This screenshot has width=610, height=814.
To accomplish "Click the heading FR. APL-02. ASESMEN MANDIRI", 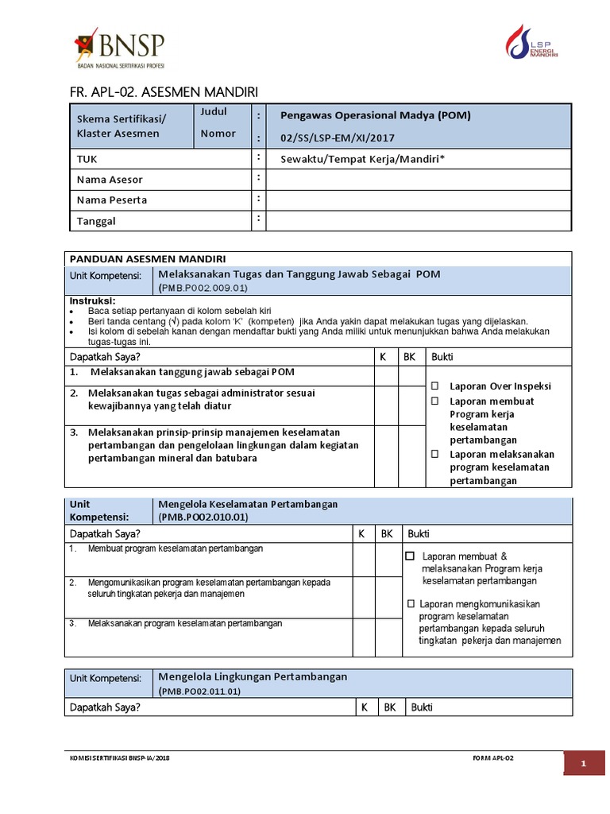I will (x=163, y=92).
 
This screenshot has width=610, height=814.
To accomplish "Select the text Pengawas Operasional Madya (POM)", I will (x=375, y=115).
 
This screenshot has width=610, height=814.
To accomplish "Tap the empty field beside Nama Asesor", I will (x=419, y=180).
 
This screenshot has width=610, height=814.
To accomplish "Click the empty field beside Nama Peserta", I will (x=419, y=200).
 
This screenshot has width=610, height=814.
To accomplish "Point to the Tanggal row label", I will (x=96, y=221).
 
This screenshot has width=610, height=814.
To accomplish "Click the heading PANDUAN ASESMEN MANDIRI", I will (x=148, y=258).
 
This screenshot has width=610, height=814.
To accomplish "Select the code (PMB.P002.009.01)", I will (x=204, y=288).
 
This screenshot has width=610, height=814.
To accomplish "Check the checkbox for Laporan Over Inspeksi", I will (x=435, y=386).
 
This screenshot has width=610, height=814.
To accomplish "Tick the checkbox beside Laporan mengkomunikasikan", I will (x=411, y=603).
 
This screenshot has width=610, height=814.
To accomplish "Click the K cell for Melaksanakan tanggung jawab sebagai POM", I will (x=386, y=376).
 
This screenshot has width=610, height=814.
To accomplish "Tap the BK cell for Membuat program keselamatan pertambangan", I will (x=387, y=560).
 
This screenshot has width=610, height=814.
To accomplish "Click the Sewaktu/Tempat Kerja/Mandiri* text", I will (x=362, y=159).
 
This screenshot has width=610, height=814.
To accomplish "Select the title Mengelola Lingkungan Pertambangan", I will (x=253, y=676).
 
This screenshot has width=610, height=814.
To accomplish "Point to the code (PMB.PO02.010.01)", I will (x=203, y=517).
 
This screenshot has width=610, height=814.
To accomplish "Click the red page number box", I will (x=584, y=765).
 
